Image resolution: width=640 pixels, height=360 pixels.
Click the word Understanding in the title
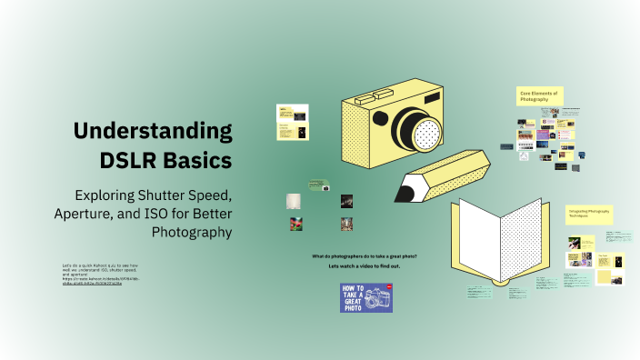(153, 130)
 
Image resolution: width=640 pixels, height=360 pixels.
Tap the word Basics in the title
(199, 161)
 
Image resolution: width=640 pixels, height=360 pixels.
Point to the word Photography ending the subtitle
(192, 232)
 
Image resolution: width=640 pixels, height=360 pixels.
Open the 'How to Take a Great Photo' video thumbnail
(366, 297)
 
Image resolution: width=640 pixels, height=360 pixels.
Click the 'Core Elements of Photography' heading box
(539, 96)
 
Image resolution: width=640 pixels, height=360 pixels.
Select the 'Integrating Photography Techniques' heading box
(589, 215)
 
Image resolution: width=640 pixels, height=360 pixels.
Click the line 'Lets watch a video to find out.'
(365, 266)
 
